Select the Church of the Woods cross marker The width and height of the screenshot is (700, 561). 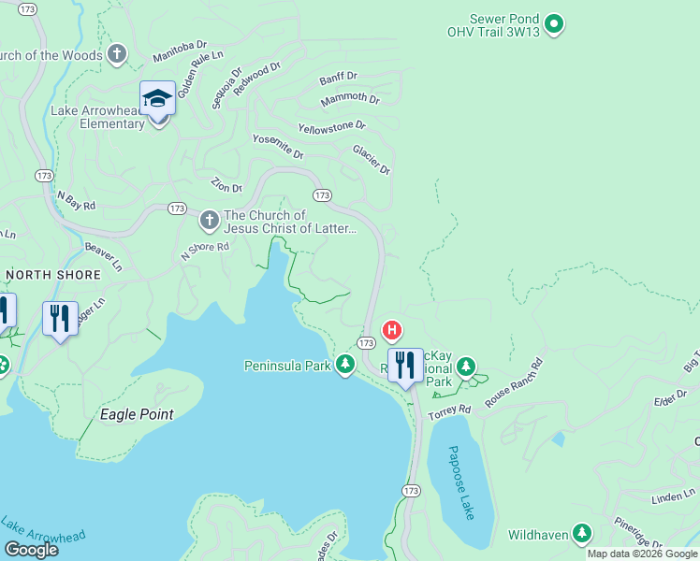(x=117, y=53)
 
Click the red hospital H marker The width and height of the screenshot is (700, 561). (x=393, y=330)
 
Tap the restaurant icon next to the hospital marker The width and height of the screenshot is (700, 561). (x=405, y=366)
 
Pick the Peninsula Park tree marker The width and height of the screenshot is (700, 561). (x=345, y=365)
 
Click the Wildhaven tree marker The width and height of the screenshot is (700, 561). (x=582, y=533)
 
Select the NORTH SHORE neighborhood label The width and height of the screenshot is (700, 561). (x=53, y=274)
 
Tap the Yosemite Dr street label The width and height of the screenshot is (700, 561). (x=278, y=146)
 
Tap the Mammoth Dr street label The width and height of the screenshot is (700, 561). (x=350, y=99)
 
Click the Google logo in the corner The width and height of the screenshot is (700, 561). (x=31, y=550)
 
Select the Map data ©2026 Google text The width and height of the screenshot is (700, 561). (x=642, y=554)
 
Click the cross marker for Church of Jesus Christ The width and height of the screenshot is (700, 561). (x=209, y=221)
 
